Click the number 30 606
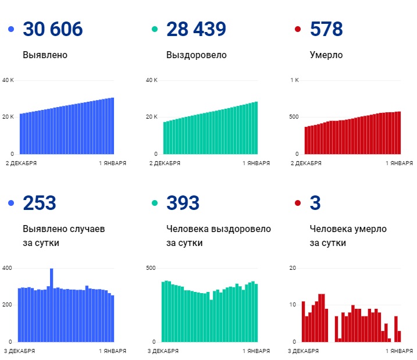(x=52, y=29)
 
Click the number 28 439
(x=196, y=29)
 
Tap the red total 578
(x=326, y=29)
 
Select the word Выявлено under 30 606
(x=45, y=55)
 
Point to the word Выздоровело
(x=196, y=55)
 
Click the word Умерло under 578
(x=326, y=55)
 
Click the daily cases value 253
(x=40, y=203)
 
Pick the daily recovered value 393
(x=183, y=203)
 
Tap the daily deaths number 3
(x=316, y=203)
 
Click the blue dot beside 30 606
(x=11, y=29)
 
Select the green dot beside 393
(x=155, y=203)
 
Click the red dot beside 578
(x=298, y=29)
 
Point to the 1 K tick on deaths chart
(x=295, y=80)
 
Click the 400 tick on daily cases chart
(x=7, y=268)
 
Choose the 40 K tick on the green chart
(x=152, y=80)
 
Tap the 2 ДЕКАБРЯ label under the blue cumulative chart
(x=22, y=163)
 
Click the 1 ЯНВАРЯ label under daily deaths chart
(x=400, y=351)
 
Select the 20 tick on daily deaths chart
(x=293, y=268)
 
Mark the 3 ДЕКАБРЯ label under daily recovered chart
(x=165, y=351)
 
